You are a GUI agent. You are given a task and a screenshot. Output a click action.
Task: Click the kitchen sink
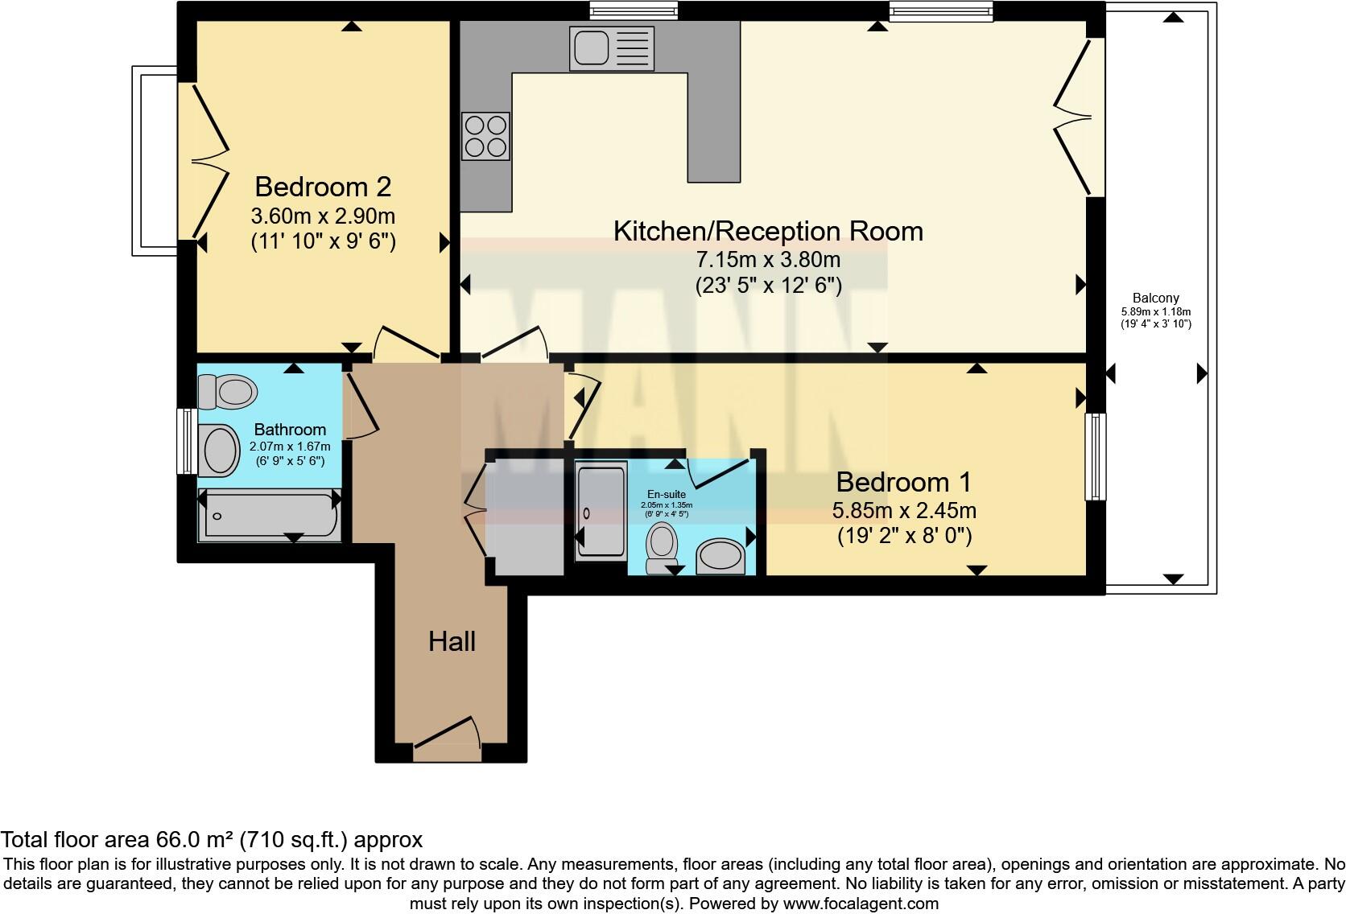(x=611, y=47)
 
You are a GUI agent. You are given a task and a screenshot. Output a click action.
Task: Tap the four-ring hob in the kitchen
(x=485, y=137)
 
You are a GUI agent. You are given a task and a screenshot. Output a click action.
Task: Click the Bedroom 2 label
(x=323, y=187)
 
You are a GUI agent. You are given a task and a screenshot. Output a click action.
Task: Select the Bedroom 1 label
(x=903, y=482)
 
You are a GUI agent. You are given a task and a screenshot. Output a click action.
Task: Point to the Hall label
(x=452, y=641)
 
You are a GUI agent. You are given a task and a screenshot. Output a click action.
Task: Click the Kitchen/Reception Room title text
(x=768, y=231)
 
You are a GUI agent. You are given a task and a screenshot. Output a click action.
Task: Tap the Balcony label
(x=1155, y=298)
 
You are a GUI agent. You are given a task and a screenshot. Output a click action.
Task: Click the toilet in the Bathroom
(x=228, y=393)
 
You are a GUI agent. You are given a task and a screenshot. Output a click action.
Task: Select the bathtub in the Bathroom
(x=270, y=515)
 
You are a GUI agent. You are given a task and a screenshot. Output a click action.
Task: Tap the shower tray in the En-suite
(x=601, y=511)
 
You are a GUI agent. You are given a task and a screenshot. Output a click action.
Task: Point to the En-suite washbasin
(x=719, y=556)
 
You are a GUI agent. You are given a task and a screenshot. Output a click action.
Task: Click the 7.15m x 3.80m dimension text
(x=768, y=260)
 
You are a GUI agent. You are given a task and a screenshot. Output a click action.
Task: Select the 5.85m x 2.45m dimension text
(x=904, y=510)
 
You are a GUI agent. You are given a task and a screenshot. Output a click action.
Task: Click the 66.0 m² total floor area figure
(x=192, y=840)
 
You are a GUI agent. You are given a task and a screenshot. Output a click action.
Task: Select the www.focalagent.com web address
(x=860, y=903)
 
